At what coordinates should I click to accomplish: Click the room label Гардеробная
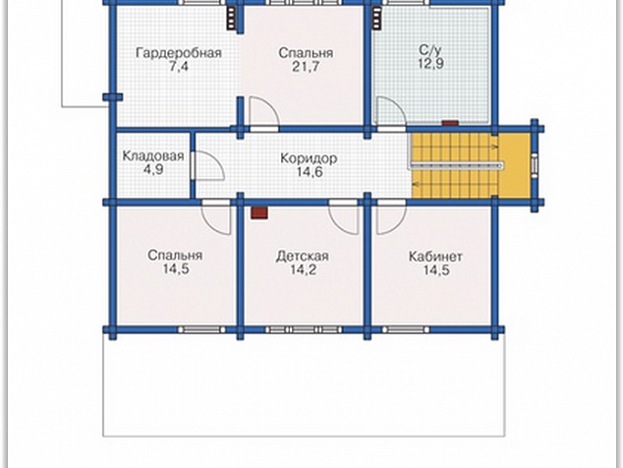pyautogui.click(x=179, y=53)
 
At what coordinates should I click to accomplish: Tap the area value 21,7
pyautogui.click(x=306, y=67)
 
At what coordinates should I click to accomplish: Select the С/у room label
pyautogui.click(x=430, y=50)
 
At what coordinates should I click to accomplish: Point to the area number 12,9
pyautogui.click(x=430, y=63)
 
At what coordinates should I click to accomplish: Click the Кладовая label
pyautogui.click(x=153, y=155)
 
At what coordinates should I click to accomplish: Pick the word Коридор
pyautogui.click(x=309, y=158)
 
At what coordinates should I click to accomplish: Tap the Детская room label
pyautogui.click(x=303, y=256)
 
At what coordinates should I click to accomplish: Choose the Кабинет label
pyautogui.click(x=435, y=257)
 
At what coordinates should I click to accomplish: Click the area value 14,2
pyautogui.click(x=303, y=269)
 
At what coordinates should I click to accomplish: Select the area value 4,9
pyautogui.click(x=153, y=169)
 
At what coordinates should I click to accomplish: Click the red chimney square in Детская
pyautogui.click(x=259, y=212)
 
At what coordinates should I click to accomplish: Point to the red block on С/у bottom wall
pyautogui.click(x=451, y=123)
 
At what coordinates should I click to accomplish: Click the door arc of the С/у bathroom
pyautogui.click(x=398, y=105)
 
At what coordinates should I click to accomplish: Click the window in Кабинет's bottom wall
pyautogui.click(x=406, y=329)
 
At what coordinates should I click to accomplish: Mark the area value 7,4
pyautogui.click(x=179, y=66)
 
